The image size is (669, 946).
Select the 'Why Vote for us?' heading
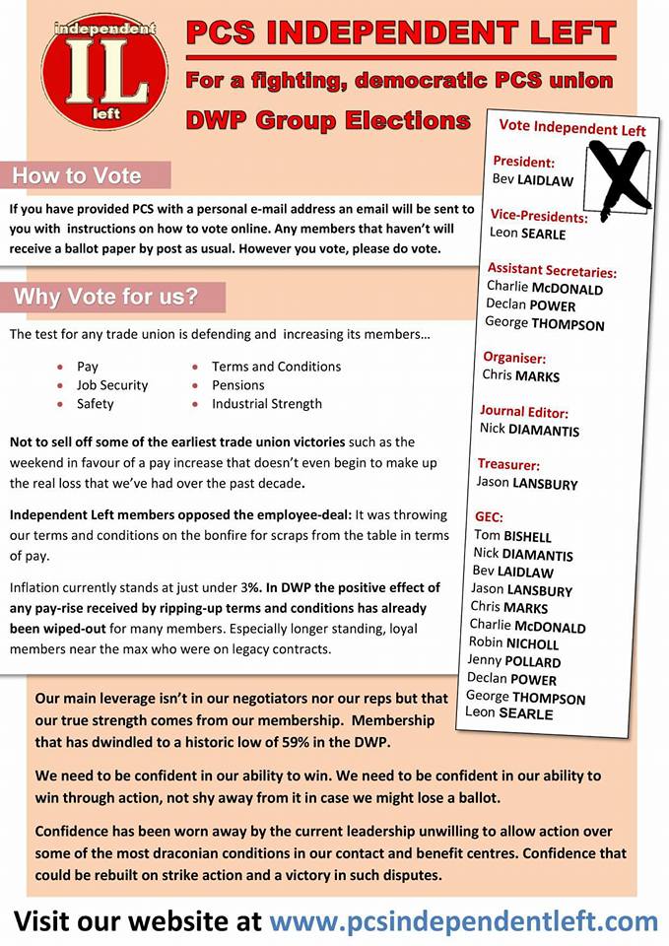pyautogui.click(x=105, y=297)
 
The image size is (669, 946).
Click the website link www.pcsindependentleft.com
pyautogui.click(x=463, y=921)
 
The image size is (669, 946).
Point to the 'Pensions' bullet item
pyautogui.click(x=238, y=385)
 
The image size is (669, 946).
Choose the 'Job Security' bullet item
pyautogui.click(x=112, y=385)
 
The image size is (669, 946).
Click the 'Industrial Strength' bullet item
pyautogui.click(x=267, y=404)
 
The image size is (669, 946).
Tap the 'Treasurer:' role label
pyautogui.click(x=508, y=463)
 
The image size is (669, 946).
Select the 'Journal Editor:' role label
pyautogui.click(x=524, y=411)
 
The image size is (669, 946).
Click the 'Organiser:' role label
pyautogui.click(x=514, y=358)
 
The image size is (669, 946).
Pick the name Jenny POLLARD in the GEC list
pyautogui.click(x=515, y=661)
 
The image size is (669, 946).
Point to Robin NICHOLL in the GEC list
pyautogui.click(x=514, y=643)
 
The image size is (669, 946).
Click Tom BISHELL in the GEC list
pyautogui.click(x=512, y=536)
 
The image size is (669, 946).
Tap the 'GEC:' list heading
pyautogui.click(x=489, y=516)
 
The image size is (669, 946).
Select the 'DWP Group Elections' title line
pyautogui.click(x=328, y=121)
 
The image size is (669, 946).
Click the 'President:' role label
pyautogui.click(x=523, y=162)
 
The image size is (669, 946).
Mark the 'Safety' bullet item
pyautogui.click(x=96, y=404)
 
